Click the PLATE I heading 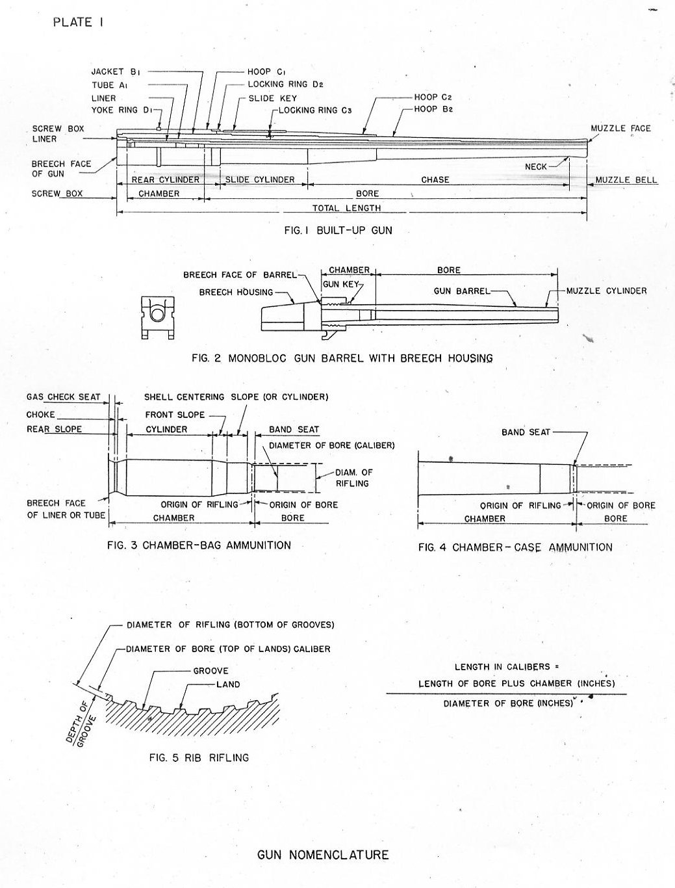click(x=79, y=22)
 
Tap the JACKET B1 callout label click(x=116, y=72)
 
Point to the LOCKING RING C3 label click(x=315, y=111)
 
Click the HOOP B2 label click(x=433, y=109)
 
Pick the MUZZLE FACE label click(x=620, y=128)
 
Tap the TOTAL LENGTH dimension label click(x=346, y=208)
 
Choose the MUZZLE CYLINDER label click(x=607, y=291)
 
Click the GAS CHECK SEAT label click(x=64, y=397)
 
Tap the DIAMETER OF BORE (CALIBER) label click(x=331, y=446)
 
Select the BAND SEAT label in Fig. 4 click(x=526, y=432)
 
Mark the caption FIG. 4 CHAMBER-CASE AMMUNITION click(x=515, y=547)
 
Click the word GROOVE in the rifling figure click(x=210, y=670)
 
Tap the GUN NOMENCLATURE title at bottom click(x=323, y=854)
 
